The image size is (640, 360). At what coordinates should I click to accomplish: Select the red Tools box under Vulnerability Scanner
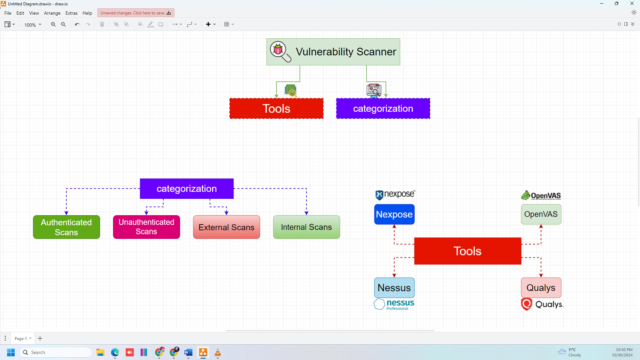point(276,108)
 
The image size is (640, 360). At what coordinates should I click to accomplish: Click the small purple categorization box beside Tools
point(383,108)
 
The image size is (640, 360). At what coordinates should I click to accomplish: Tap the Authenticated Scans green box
point(66,227)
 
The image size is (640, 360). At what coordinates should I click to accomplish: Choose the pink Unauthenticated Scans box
point(146,227)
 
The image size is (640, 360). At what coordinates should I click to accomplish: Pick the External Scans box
point(226,227)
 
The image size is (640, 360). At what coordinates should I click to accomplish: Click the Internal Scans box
point(306,227)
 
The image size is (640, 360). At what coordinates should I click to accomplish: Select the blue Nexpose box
point(394,214)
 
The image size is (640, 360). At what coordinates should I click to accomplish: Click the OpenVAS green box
point(541,214)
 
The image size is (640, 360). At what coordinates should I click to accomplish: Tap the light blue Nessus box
point(394,287)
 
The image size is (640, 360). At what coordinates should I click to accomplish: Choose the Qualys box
point(541,287)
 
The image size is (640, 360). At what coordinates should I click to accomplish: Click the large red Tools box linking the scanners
point(467,251)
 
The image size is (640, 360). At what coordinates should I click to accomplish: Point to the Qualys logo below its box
point(541,304)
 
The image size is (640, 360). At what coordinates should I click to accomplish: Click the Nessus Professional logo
point(394,304)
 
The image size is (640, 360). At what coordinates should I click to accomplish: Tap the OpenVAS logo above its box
point(541,195)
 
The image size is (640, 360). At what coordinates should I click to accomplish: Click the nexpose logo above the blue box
point(394,194)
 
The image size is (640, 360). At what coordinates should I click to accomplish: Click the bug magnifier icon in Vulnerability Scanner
point(280,51)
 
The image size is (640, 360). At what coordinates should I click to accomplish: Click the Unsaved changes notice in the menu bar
point(136,13)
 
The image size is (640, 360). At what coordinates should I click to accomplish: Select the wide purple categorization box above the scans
point(186,188)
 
